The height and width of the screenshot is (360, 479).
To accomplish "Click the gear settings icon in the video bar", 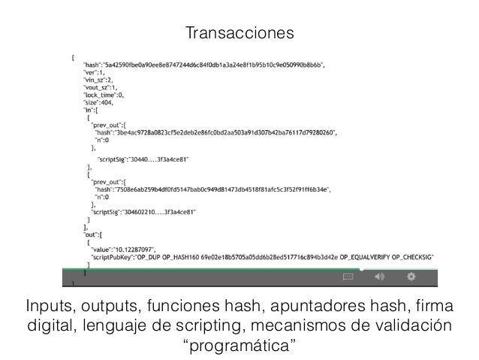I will (411, 277).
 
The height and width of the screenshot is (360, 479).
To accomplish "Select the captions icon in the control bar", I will (348, 277).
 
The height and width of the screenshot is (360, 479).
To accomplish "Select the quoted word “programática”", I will (239, 346).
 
